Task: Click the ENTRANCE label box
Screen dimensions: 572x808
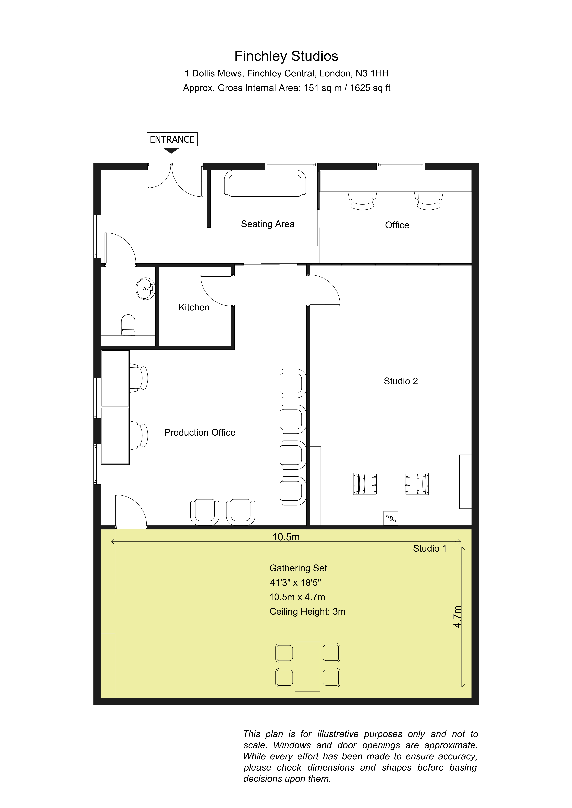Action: [172, 139]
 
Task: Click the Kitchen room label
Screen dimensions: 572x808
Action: [194, 307]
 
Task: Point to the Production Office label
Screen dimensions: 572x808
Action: [200, 432]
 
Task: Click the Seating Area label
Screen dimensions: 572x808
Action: [268, 224]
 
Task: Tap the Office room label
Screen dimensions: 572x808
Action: [397, 225]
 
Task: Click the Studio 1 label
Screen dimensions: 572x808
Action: [430, 549]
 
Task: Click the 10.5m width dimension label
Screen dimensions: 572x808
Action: [286, 537]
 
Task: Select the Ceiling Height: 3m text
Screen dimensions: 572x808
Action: [307, 612]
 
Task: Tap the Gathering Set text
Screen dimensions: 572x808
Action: [298, 568]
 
